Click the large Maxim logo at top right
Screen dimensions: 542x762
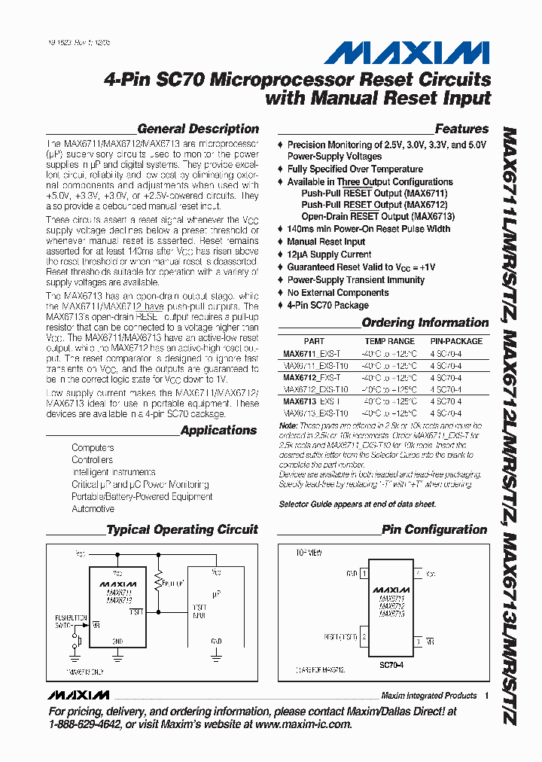(x=407, y=53)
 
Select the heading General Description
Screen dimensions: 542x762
(x=198, y=129)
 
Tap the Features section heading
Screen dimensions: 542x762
(x=461, y=129)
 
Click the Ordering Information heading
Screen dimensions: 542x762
(x=425, y=322)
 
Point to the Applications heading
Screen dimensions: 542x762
(x=219, y=430)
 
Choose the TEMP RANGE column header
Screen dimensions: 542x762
(x=385, y=341)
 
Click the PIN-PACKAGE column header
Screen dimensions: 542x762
(x=456, y=341)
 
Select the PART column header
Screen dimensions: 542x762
(x=314, y=341)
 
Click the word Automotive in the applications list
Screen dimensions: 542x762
(x=93, y=509)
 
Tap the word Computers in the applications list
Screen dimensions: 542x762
(x=93, y=448)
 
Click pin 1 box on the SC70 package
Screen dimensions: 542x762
(x=365, y=574)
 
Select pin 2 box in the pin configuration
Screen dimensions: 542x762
(x=365, y=636)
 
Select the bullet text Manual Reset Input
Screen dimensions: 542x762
(x=326, y=242)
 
